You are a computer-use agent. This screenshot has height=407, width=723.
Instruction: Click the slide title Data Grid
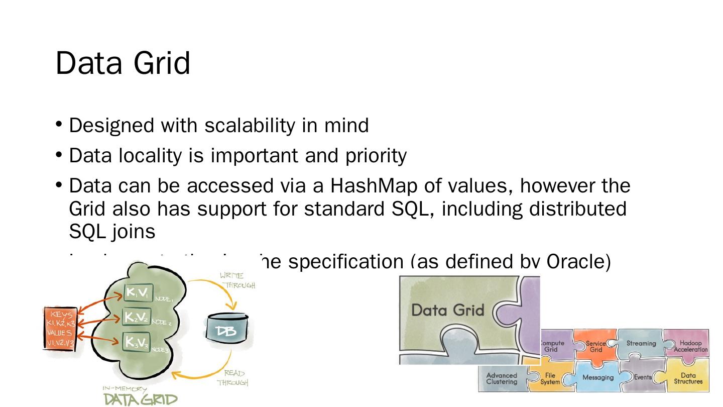coord(123,63)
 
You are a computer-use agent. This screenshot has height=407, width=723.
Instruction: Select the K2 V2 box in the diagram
coord(137,318)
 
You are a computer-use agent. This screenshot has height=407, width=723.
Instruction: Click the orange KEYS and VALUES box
coord(60,328)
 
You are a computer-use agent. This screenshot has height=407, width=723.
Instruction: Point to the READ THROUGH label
coord(233,378)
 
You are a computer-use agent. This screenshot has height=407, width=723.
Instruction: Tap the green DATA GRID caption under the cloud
coord(140,399)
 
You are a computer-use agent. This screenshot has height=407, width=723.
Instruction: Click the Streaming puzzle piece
coord(641,344)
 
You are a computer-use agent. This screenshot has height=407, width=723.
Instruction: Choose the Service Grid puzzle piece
coord(596,346)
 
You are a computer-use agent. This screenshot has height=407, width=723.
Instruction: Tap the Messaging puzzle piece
coord(597,377)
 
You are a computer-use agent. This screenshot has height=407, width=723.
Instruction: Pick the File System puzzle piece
coord(550,378)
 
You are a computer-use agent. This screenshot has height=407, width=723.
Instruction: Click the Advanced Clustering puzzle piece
coord(502,378)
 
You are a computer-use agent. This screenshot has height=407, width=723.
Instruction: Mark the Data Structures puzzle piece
coord(688,378)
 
